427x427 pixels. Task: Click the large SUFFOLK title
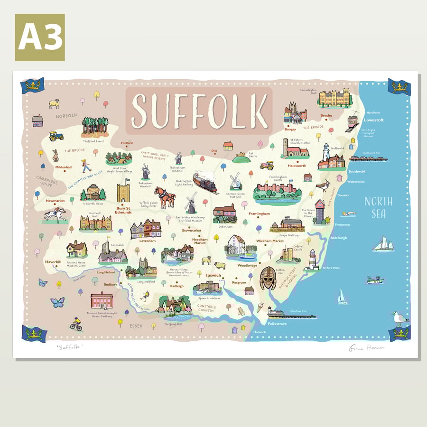pos(199,110)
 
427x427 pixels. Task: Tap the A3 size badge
pos(39,37)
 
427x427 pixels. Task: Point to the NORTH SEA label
pos(378,208)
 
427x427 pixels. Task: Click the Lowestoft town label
pos(373,120)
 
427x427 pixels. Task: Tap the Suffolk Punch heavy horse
pos(165,197)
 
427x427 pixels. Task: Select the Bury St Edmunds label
pos(123,210)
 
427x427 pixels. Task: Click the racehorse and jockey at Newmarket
pos(56,214)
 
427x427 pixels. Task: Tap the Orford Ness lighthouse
pos(313,260)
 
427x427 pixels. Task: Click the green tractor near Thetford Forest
pos(57,136)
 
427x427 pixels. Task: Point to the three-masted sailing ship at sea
pos(383,244)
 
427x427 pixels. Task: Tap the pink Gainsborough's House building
pos(102,300)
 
